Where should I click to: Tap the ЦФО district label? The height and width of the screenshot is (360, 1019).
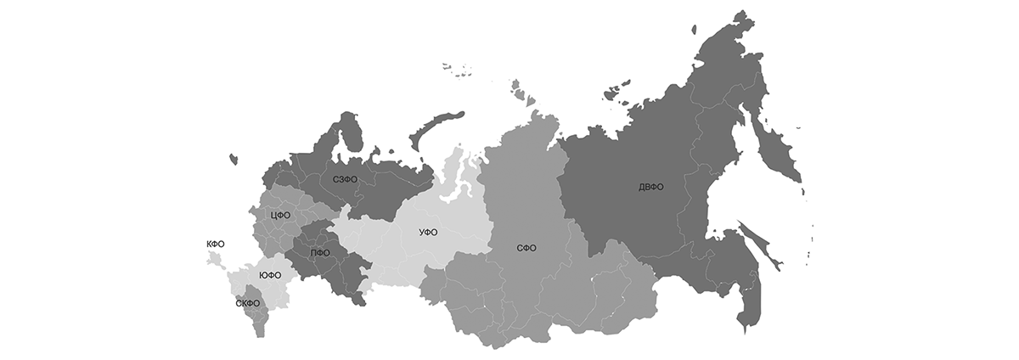pyautogui.click(x=280, y=216)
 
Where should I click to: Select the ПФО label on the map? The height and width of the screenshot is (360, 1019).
pyautogui.click(x=320, y=253)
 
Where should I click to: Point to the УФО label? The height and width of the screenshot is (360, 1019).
pyautogui.click(x=428, y=233)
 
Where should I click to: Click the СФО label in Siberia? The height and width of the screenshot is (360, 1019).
pyautogui.click(x=527, y=249)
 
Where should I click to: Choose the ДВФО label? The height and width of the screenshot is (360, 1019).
pyautogui.click(x=651, y=188)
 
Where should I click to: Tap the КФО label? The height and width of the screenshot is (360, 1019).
pyautogui.click(x=216, y=244)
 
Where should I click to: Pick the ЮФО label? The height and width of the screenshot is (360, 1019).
pyautogui.click(x=269, y=276)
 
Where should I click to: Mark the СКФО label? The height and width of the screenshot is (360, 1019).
pyautogui.click(x=248, y=303)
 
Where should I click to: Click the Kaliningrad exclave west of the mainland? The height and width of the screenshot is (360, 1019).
pyautogui.click(x=233, y=157)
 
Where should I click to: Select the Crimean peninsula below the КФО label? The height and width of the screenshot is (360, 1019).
pyautogui.click(x=215, y=259)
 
